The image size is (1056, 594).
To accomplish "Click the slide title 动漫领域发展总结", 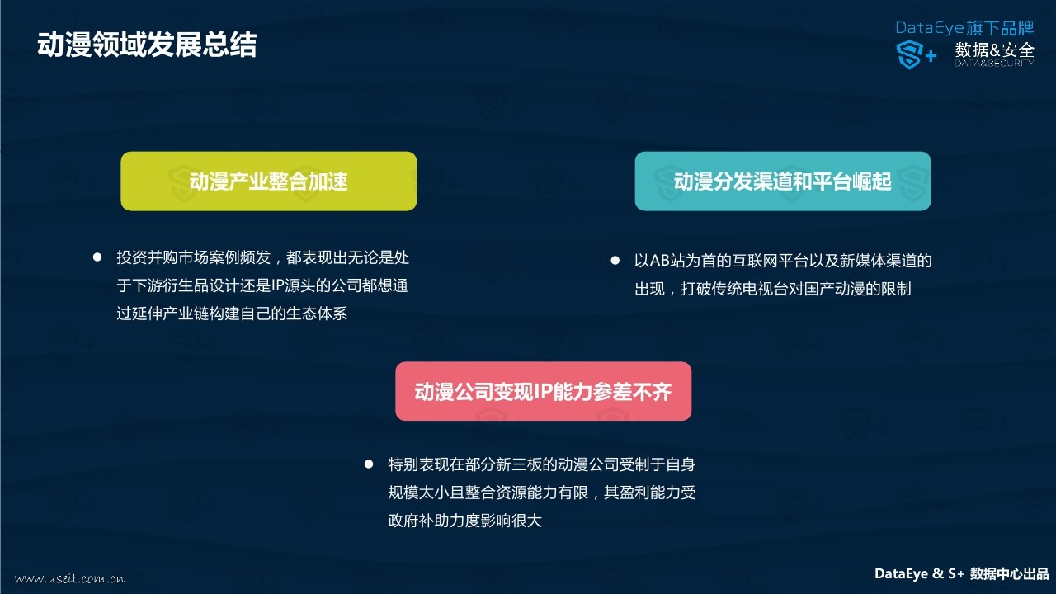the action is coord(147,45).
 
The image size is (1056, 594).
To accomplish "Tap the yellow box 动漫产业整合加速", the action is coord(269,181).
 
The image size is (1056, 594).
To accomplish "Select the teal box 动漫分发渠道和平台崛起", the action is coord(783,181).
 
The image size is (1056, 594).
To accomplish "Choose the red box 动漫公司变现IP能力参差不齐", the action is coord(543,391).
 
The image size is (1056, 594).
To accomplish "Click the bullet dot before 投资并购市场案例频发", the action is coord(97,257).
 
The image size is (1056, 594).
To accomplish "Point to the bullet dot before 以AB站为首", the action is coord(615,260).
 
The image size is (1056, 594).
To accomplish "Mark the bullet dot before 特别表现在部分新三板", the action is coord(369,464).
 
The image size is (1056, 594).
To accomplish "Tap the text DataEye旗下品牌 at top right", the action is coord(964,28).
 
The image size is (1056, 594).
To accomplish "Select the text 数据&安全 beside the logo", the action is coord(995,50).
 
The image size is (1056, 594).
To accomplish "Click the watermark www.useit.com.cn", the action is coord(70,578).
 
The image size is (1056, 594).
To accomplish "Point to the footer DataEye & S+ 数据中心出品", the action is coord(962,573).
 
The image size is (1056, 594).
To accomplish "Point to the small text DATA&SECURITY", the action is coord(995,64).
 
